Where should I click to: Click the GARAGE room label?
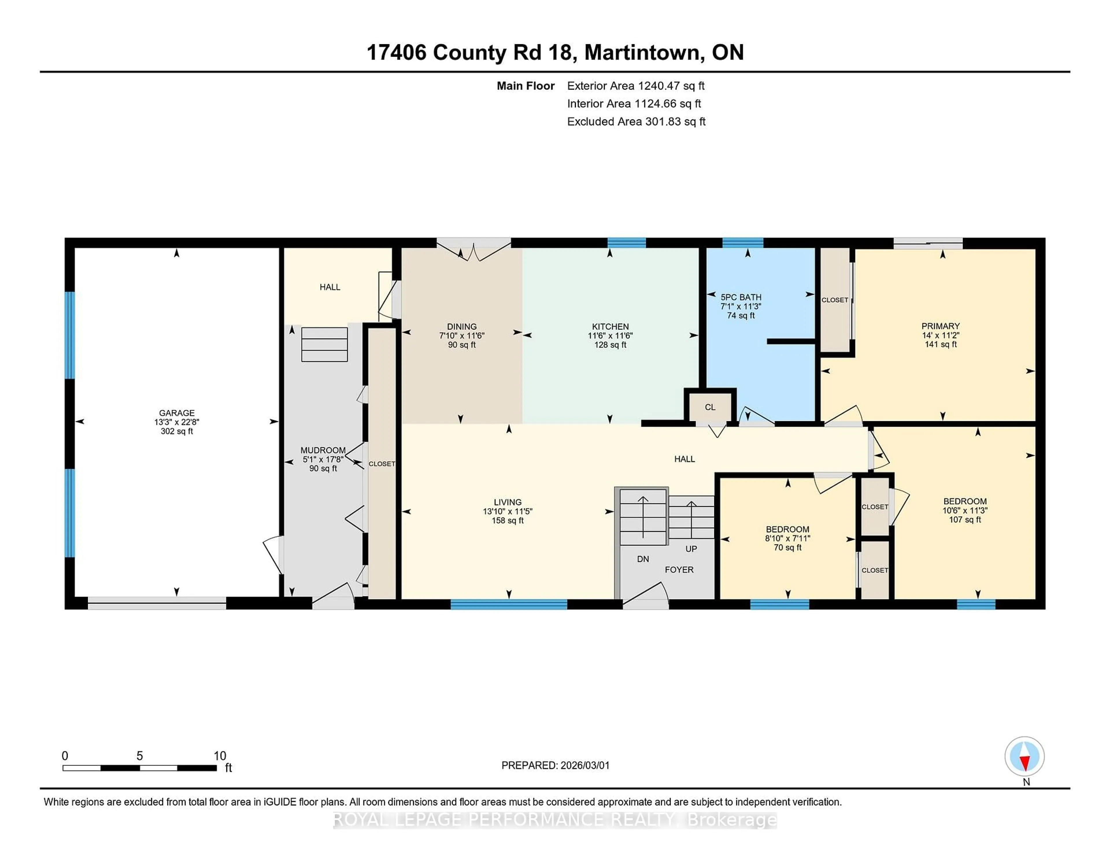coord(176,413)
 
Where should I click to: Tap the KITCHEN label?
coord(610,326)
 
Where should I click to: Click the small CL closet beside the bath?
coord(710,407)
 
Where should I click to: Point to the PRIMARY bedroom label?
coord(940,326)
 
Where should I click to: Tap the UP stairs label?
coord(691,548)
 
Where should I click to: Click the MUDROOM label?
coord(323,450)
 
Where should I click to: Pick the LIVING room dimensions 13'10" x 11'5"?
coord(507,511)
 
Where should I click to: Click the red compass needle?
coord(1025,762)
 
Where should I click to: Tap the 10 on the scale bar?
coord(220,755)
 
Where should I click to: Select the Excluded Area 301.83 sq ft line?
coord(636,121)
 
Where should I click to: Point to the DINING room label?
coord(461,326)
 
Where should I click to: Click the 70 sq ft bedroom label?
coord(787,548)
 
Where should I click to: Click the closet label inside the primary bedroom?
coord(835,300)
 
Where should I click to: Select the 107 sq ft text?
coord(964,519)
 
